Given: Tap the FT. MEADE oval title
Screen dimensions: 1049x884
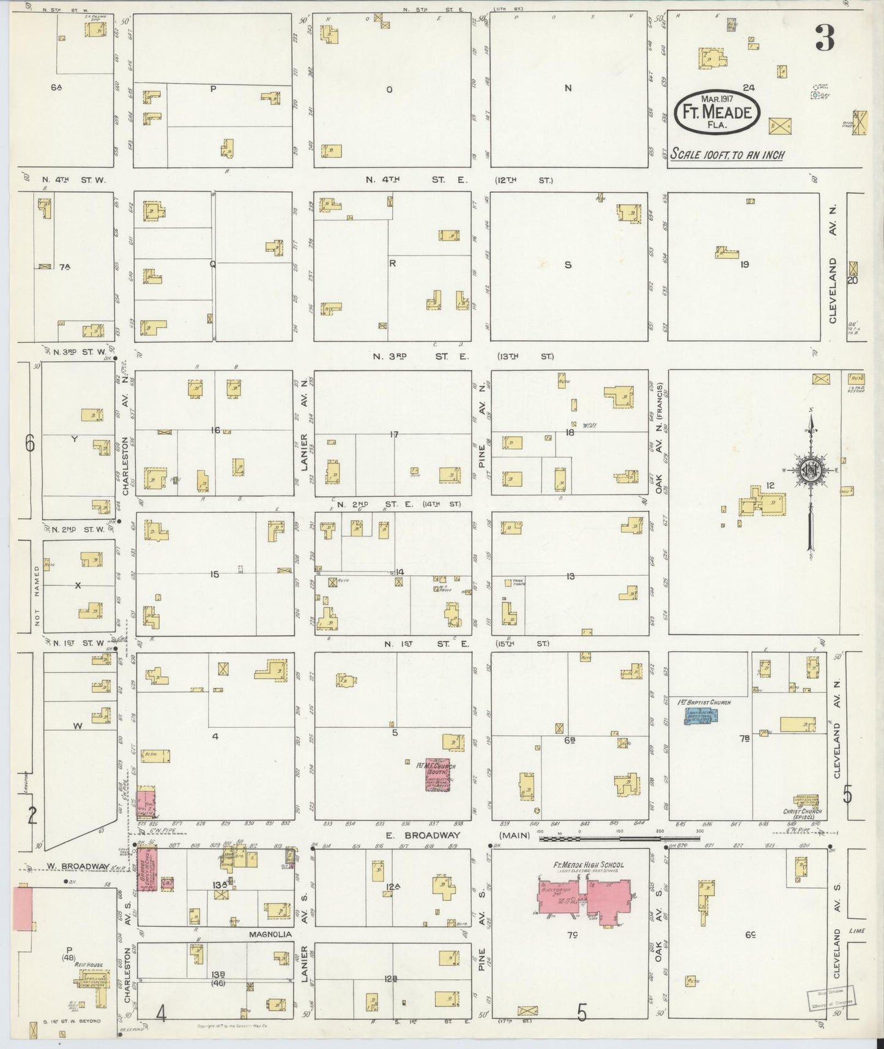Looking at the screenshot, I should point(718,113).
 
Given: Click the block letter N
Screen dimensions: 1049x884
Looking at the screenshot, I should point(568,88).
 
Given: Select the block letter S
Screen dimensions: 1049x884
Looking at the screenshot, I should point(568,265).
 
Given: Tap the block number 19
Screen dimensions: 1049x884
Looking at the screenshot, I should point(745,264).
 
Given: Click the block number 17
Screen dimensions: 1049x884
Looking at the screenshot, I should point(394,434).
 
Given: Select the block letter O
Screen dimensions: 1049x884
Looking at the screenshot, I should point(389,89).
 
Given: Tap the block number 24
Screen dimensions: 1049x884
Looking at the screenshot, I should point(748,88).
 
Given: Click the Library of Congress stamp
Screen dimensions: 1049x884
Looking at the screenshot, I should point(831,1001).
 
